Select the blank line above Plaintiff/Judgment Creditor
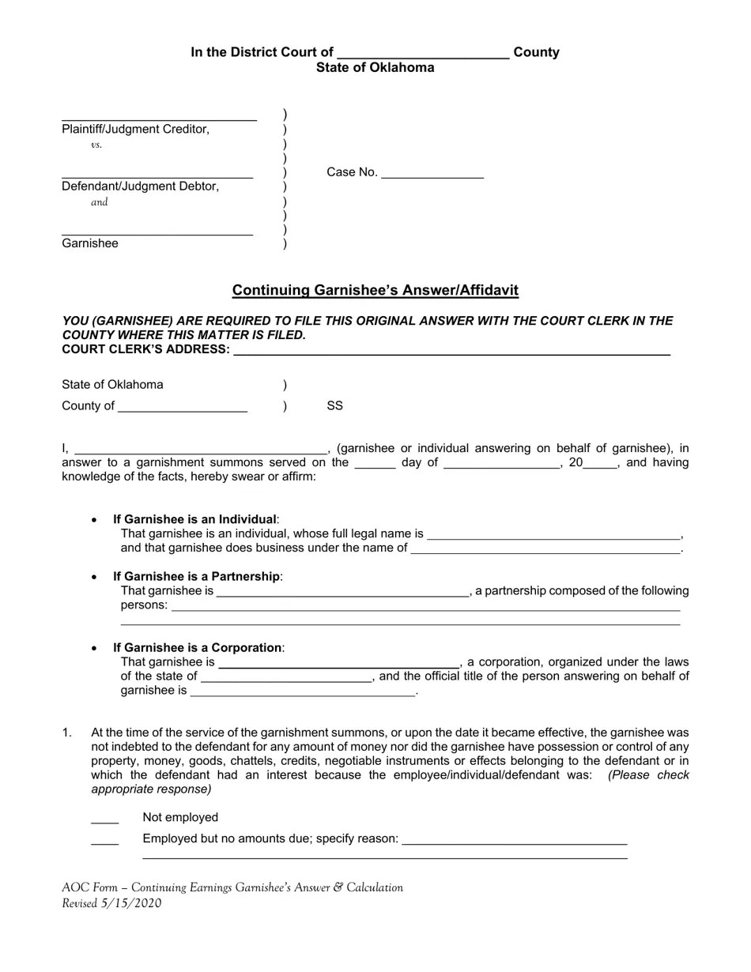[x=159, y=119]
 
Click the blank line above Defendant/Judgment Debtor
[x=157, y=176]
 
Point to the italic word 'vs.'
[x=96, y=145]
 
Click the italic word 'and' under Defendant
[x=100, y=202]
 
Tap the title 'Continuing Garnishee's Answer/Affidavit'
[x=375, y=290]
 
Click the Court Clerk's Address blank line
[x=451, y=352]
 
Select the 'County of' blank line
[x=183, y=409]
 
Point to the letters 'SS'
[x=335, y=406]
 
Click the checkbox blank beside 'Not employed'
[x=105, y=820]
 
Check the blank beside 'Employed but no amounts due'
[x=105, y=842]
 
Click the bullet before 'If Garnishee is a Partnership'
[x=95, y=578]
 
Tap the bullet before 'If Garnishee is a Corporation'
[x=95, y=649]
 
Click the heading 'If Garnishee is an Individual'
[x=194, y=519]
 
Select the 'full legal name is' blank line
[x=553, y=537]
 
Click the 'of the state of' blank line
[x=286, y=679]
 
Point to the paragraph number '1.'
[x=67, y=733]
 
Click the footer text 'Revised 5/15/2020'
[x=111, y=903]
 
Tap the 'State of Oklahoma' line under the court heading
[x=375, y=68]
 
